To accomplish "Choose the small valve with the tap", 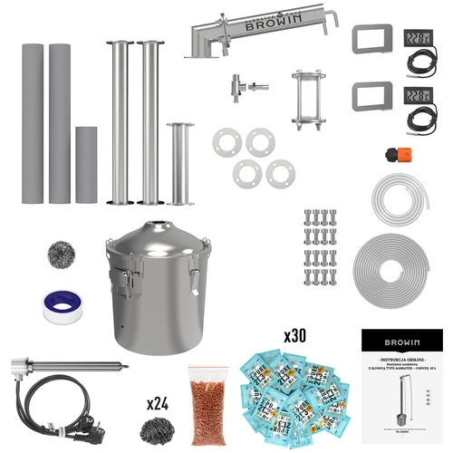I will pos(246,86).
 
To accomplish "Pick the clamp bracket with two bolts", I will pos(307,101).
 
